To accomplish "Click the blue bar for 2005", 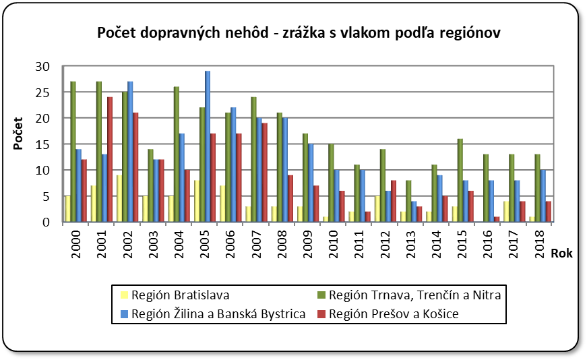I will tap(208, 146).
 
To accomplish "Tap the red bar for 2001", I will tap(110, 160).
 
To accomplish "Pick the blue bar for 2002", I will tap(130, 152).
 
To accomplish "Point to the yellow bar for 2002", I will tap(119, 199).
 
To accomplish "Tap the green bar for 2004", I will tap(176, 154).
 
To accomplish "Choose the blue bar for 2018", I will tap(543, 196).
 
